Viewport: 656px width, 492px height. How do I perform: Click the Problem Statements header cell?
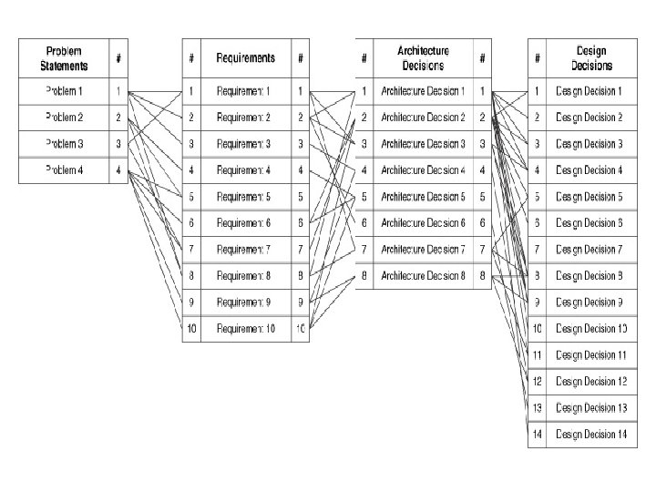(64, 58)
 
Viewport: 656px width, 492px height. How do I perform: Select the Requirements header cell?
(245, 58)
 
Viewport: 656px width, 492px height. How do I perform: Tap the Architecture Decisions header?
(422, 58)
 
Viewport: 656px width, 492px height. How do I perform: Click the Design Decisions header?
(591, 58)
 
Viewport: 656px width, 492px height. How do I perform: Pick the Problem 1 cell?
(64, 91)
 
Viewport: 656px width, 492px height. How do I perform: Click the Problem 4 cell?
(64, 170)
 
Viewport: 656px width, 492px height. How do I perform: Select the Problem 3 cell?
(64, 144)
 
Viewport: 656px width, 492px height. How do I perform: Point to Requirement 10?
(245, 328)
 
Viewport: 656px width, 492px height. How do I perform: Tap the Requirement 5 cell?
(245, 197)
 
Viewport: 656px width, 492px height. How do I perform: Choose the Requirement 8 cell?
(245, 275)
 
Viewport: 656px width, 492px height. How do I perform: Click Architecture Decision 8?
(422, 275)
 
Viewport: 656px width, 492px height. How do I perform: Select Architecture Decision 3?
(422, 144)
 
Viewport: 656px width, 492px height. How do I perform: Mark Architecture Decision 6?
(422, 223)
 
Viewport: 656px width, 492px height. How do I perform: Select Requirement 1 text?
(245, 91)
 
